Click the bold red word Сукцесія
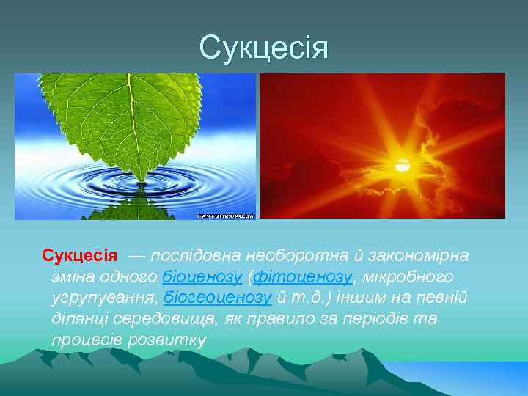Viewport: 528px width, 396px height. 79,256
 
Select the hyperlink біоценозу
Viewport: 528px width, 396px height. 202,277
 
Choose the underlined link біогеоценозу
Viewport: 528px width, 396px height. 218,298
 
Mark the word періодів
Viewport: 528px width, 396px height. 373,319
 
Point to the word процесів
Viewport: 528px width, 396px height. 87,340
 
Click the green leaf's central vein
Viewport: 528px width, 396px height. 136,117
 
